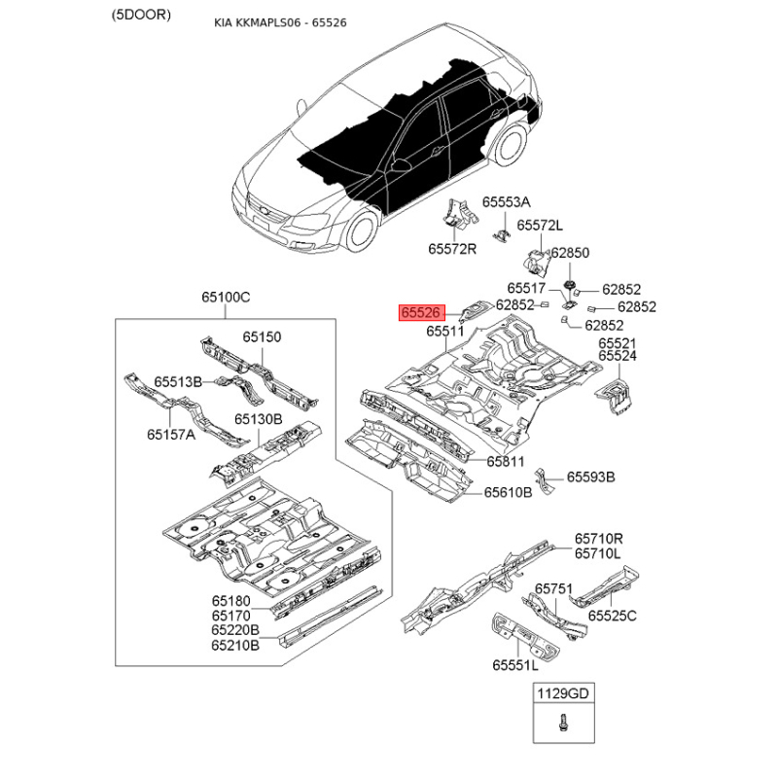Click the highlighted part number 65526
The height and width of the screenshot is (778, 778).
pos(421,312)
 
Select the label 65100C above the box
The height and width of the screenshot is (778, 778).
pos(226,298)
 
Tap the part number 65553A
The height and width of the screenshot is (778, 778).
pos(506,202)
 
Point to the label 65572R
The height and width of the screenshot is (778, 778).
pos(452,249)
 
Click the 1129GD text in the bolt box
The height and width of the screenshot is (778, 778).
pos(563,693)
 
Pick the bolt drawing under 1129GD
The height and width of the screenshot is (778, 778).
pos(563,722)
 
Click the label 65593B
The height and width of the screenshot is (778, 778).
pos(591,477)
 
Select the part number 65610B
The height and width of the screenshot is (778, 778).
pos(508,492)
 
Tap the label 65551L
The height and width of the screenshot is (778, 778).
pos(515,665)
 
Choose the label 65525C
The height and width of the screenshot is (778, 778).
pos(613,616)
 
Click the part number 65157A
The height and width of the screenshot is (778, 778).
pos(171,435)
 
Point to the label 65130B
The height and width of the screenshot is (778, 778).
pos(258,419)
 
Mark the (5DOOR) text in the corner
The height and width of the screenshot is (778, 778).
pos(141,15)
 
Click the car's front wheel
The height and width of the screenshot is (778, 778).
pos(362,231)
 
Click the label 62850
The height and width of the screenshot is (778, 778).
pos(570,253)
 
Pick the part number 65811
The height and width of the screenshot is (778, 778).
pos(505,461)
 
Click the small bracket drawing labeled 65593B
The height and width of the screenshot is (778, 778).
pos(544,480)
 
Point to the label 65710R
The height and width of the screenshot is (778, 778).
pos(598,539)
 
